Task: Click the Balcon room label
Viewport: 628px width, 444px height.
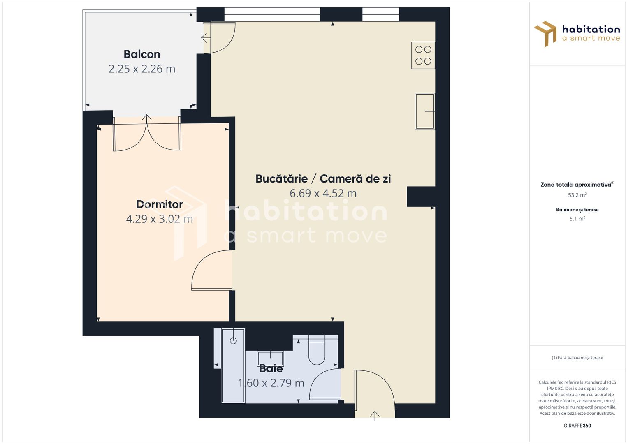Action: pyautogui.click(x=142, y=54)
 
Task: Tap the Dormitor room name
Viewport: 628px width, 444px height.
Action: pyautogui.click(x=160, y=204)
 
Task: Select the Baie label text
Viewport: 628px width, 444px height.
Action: pyautogui.click(x=271, y=368)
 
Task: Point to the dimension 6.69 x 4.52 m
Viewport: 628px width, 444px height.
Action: pyautogui.click(x=323, y=193)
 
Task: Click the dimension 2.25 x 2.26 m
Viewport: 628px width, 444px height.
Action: pyautogui.click(x=142, y=69)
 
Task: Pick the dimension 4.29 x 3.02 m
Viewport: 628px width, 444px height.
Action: pyautogui.click(x=160, y=219)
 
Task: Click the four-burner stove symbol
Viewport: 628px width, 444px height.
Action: pyautogui.click(x=423, y=55)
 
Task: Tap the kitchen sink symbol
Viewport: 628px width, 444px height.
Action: pyautogui.click(x=425, y=111)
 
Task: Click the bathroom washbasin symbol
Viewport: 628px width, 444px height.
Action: pyautogui.click(x=270, y=359)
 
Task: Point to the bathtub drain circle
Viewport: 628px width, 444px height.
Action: pyautogui.click(x=234, y=340)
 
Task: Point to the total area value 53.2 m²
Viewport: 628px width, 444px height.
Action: pyautogui.click(x=577, y=195)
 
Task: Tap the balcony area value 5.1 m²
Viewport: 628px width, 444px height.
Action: pyautogui.click(x=577, y=219)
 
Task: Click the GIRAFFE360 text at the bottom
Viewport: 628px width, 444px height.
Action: pyautogui.click(x=577, y=425)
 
